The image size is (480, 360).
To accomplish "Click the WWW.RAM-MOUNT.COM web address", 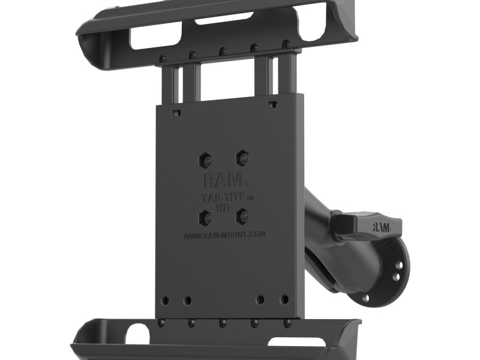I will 224,235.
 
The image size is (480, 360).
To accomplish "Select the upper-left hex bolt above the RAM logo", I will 206,160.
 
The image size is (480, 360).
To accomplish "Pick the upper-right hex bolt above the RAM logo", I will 242,158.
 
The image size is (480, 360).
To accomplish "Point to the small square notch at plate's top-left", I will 175,112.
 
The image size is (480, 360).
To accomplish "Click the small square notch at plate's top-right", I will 272,104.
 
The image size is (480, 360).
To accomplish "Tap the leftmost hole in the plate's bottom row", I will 164,301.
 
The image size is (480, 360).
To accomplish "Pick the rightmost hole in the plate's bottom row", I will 284,298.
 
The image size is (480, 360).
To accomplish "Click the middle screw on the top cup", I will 223,52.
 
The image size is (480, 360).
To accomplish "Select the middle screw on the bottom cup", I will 223,323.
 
